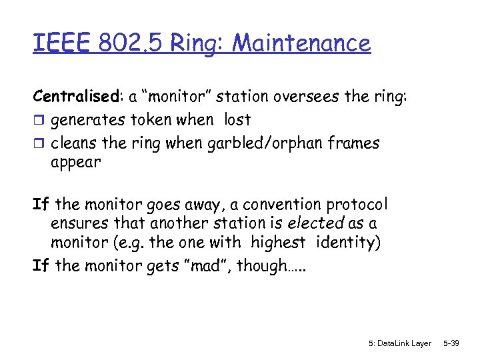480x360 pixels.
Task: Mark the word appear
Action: (x=75, y=162)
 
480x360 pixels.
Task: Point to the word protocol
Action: (x=353, y=203)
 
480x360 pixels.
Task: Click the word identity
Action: (x=346, y=242)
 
